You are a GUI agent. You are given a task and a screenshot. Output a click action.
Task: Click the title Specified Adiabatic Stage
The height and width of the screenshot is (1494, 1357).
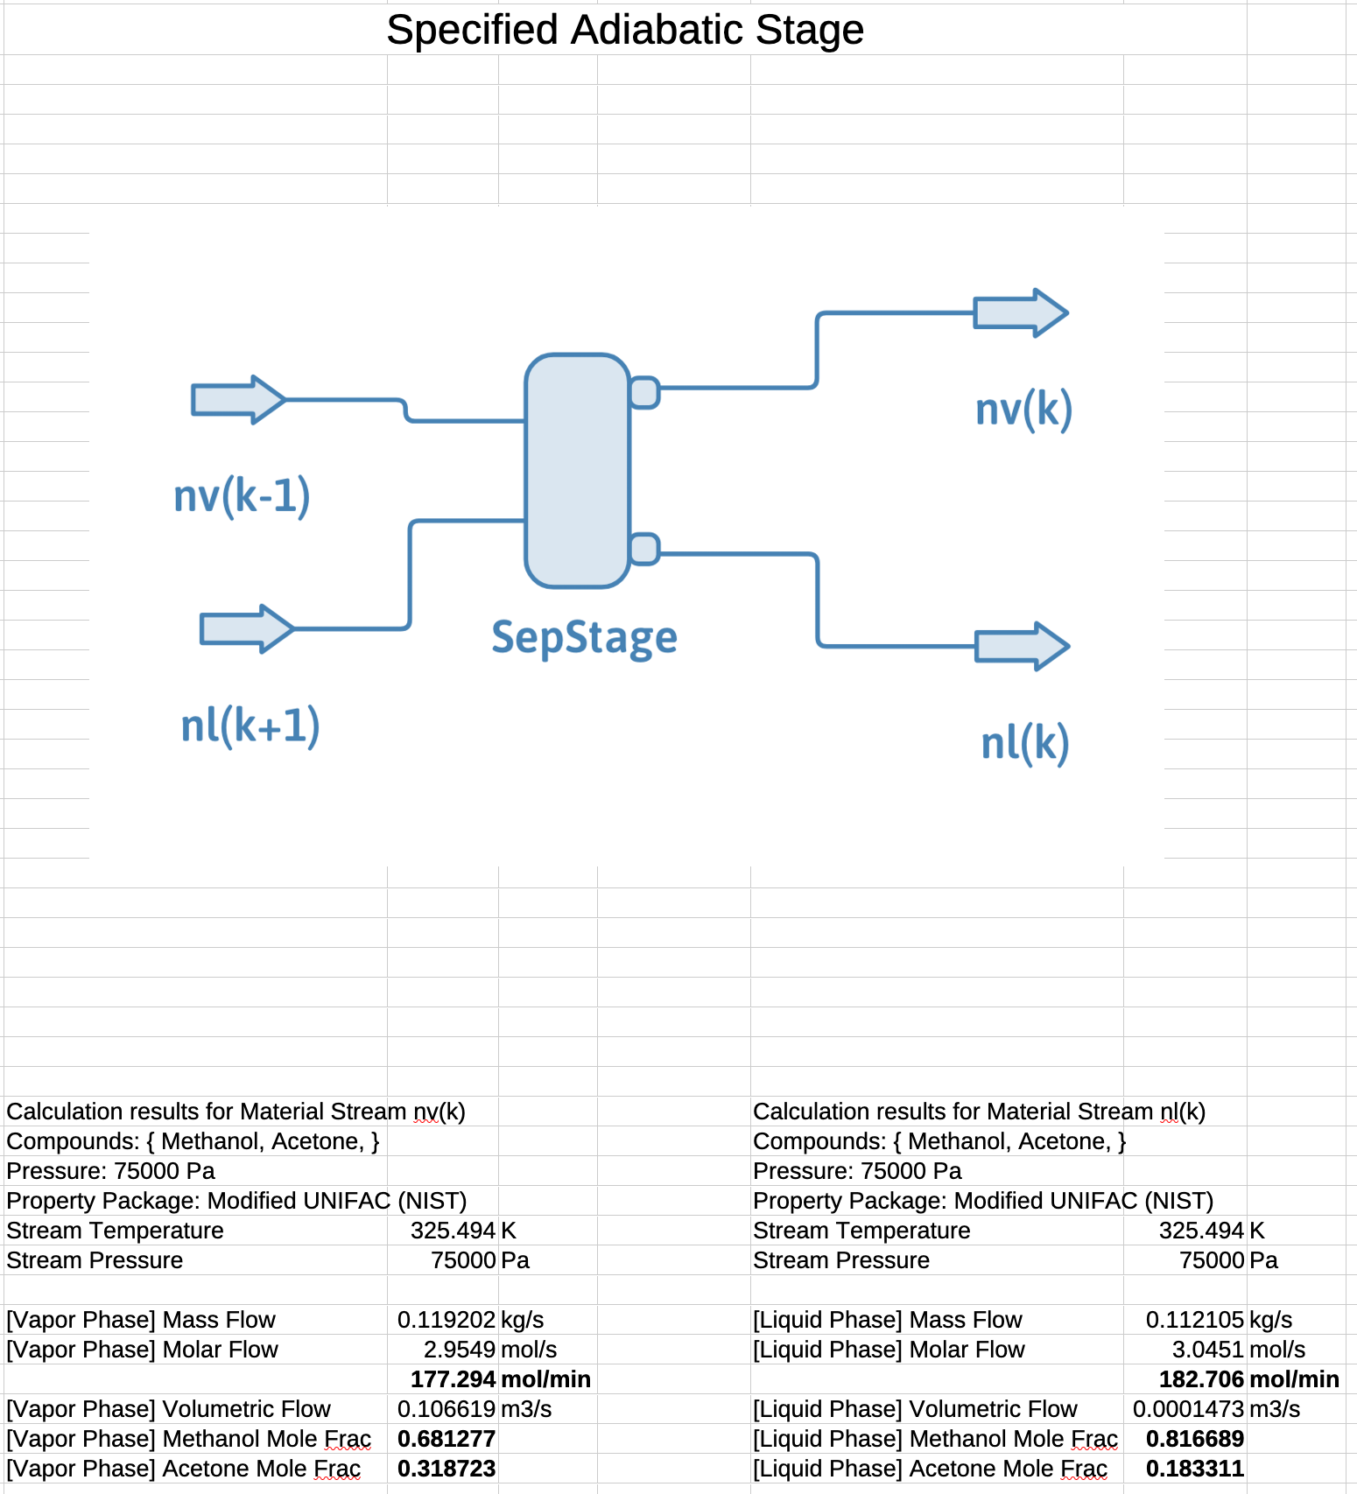tap(625, 30)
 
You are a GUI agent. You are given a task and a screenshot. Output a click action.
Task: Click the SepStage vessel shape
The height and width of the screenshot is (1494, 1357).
tap(577, 470)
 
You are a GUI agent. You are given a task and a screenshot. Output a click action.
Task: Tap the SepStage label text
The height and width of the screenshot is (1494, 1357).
tap(584, 637)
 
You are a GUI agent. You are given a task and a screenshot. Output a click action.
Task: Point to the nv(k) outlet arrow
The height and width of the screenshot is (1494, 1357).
tap(1021, 312)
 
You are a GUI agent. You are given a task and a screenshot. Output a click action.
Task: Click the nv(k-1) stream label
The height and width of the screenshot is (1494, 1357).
tap(242, 496)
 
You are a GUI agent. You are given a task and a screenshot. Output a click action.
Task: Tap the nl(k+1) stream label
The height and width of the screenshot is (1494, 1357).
tap(250, 726)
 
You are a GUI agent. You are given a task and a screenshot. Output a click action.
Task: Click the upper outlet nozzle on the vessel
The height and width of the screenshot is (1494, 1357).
tap(645, 392)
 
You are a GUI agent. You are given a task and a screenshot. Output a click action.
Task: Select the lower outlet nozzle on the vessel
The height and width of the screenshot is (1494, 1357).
tap(645, 549)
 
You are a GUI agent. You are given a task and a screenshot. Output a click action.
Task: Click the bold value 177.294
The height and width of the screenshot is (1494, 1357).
tap(453, 1379)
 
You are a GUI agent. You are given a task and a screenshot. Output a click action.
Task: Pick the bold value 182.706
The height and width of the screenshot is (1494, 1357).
tap(1200, 1379)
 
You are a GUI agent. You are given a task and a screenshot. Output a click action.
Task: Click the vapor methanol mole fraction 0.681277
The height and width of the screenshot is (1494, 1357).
tap(446, 1439)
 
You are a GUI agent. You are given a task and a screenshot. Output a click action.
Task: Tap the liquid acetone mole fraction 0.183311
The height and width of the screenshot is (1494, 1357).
tap(1194, 1469)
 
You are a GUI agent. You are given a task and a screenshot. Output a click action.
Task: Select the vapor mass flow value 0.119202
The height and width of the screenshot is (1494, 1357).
tap(446, 1320)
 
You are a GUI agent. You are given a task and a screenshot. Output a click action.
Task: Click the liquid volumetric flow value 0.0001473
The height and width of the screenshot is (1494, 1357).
tap(1188, 1409)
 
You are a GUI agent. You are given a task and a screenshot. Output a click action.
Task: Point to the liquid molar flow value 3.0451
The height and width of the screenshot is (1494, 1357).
tap(1207, 1350)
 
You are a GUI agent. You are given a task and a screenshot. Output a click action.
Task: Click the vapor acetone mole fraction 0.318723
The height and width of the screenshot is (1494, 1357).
tap(446, 1469)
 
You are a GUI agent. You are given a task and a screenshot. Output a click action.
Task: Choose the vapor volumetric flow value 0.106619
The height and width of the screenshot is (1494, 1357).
tap(446, 1409)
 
